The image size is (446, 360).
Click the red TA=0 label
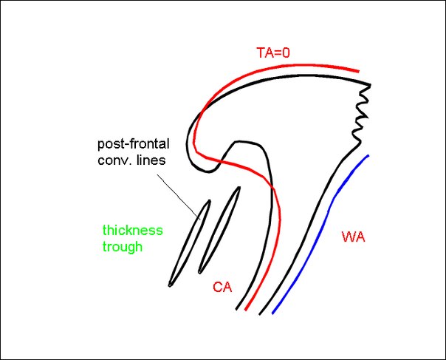(273, 52)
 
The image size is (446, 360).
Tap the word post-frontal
(134, 144)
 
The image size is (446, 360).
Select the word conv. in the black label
(114, 160)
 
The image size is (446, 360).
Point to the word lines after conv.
(151, 160)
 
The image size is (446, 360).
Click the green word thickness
(133, 230)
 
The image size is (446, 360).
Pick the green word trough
(123, 247)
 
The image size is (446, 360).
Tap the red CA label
(222, 287)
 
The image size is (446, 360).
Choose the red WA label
(353, 237)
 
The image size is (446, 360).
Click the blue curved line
(327, 217)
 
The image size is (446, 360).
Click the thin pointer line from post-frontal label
(179, 197)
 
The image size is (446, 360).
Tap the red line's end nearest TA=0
(358, 71)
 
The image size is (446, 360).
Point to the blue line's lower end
(272, 313)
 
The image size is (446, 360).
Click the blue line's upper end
(368, 155)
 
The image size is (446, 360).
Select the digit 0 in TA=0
(286, 53)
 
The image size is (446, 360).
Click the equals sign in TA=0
(277, 53)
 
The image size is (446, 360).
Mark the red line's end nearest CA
(246, 310)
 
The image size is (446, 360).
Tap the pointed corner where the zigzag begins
(371, 84)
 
